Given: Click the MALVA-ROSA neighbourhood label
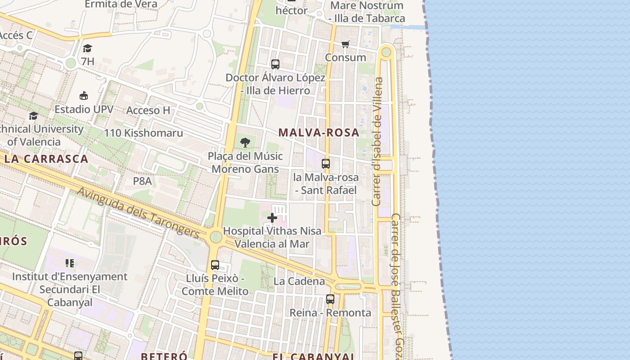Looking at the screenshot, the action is click(319, 133).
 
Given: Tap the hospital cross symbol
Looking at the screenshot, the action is click(272, 218).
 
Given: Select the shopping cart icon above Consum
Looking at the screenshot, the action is click(345, 44).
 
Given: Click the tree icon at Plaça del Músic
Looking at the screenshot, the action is click(245, 143).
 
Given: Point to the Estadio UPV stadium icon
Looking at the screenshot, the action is click(84, 95).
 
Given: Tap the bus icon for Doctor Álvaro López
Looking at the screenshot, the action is click(275, 64).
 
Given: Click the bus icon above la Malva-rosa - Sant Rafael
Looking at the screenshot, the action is click(326, 164).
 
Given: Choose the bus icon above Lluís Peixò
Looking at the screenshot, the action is click(215, 265).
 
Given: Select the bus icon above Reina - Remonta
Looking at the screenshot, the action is click(330, 299).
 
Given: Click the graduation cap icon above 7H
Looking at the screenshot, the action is click(87, 48).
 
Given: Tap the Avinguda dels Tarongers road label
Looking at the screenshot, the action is click(138, 212).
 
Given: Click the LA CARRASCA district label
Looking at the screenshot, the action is click(46, 159).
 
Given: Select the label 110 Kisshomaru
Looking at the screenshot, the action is click(144, 133).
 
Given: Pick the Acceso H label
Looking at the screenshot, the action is click(148, 110).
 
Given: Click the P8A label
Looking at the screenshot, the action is click(142, 181).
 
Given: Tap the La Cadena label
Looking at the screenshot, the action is click(299, 281).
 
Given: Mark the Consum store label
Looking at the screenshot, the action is click(346, 58).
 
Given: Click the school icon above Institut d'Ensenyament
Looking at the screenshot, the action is click(69, 263).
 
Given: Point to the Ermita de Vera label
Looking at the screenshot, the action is click(121, 4).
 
